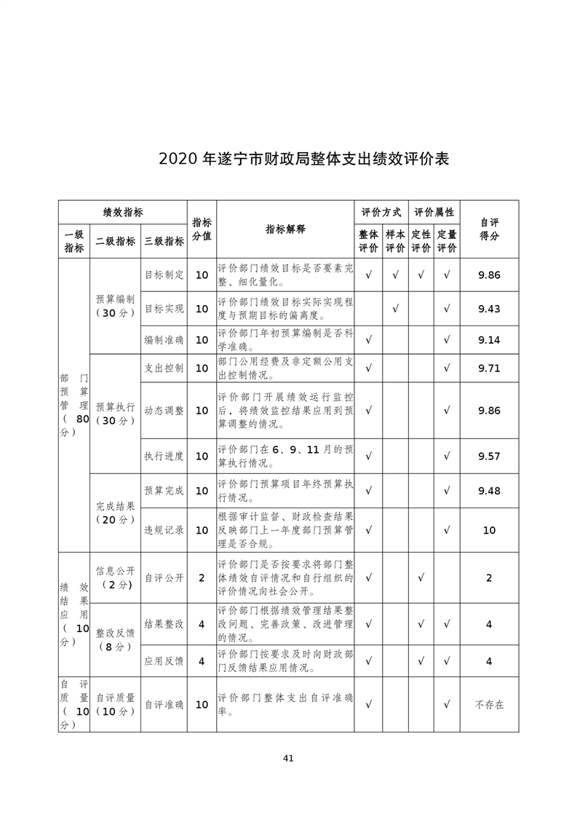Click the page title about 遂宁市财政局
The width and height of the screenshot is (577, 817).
pyautogui.click(x=303, y=159)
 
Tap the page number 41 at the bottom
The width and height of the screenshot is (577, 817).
pyautogui.click(x=288, y=758)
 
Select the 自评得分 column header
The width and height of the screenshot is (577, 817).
pyautogui.click(x=489, y=229)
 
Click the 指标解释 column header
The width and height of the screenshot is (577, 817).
pyautogui.click(x=285, y=229)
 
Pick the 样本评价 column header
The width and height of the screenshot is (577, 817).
pyautogui.click(x=395, y=241)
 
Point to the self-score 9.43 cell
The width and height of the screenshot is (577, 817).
pyautogui.click(x=489, y=309)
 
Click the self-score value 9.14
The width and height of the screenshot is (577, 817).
pyautogui.click(x=489, y=340)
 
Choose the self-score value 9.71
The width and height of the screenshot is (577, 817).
pyautogui.click(x=489, y=368)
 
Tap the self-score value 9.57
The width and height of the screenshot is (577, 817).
pyautogui.click(x=489, y=457)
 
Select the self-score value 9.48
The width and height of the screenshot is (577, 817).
pyautogui.click(x=489, y=492)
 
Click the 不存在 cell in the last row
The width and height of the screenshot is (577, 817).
pyautogui.click(x=489, y=705)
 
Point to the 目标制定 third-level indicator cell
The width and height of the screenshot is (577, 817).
pyautogui.click(x=164, y=275)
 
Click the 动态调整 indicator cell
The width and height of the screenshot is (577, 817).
pyautogui.click(x=164, y=411)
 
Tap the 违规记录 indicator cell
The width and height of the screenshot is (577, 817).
pyautogui.click(x=164, y=530)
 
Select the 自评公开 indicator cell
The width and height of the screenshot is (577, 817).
pyautogui.click(x=164, y=577)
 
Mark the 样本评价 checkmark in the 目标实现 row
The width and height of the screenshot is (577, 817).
pyautogui.click(x=395, y=309)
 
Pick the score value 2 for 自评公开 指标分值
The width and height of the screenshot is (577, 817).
pyautogui.click(x=202, y=577)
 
